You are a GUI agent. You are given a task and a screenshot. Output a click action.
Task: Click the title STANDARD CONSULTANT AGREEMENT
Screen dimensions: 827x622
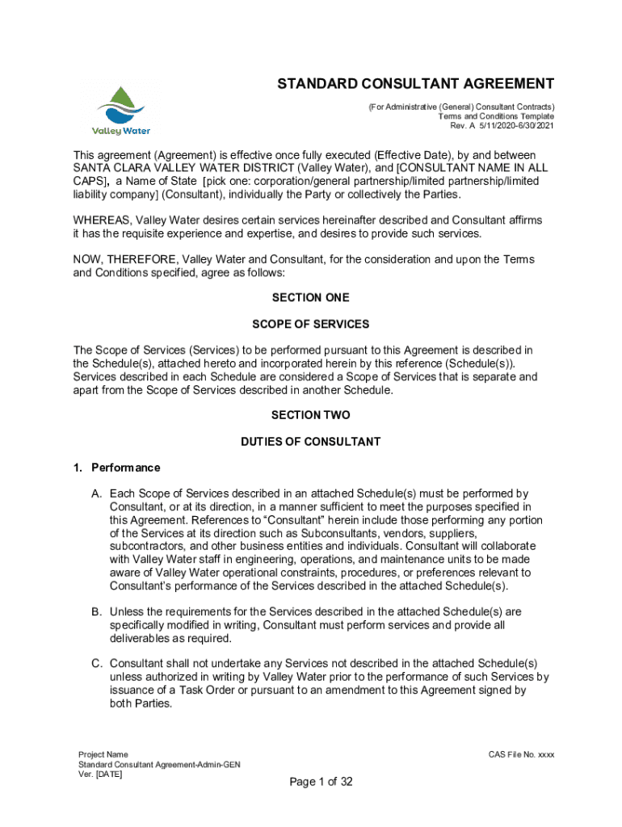(416, 84)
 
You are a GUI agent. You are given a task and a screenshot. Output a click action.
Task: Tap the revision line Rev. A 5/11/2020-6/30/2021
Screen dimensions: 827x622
(502, 126)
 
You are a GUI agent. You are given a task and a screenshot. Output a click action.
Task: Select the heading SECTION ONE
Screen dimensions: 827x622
(310, 297)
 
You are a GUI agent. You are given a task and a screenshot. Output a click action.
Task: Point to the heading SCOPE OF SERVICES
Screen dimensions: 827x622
(310, 324)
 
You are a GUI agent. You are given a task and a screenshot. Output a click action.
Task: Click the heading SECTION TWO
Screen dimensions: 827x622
(310, 415)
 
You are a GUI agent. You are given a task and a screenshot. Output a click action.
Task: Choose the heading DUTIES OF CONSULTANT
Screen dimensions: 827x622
(310, 442)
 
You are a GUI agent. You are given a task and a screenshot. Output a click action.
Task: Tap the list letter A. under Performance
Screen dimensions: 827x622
(96, 493)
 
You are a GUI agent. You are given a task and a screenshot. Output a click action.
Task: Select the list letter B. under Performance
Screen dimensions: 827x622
(96, 611)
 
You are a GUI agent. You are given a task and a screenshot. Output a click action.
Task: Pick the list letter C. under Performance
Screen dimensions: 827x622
(96, 664)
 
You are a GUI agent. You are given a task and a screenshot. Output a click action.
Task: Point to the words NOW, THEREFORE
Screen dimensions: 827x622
(125, 259)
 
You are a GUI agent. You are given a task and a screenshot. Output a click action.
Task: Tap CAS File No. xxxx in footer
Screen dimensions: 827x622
(521, 754)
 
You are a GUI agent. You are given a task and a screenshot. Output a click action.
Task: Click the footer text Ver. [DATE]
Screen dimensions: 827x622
(100, 775)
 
